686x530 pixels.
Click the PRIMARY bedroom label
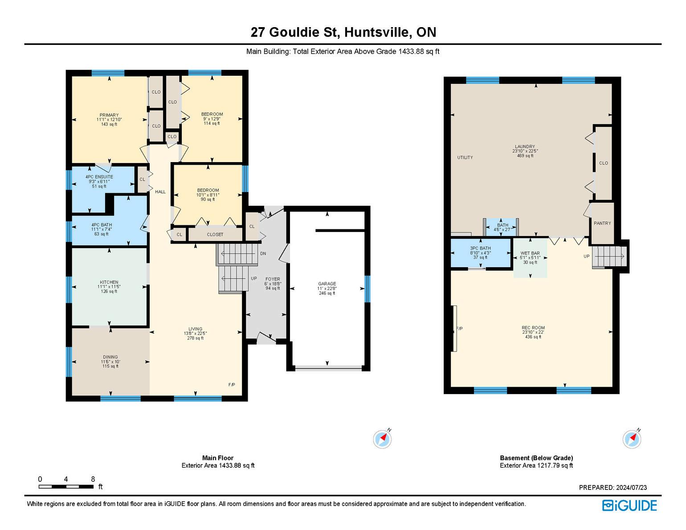(109, 115)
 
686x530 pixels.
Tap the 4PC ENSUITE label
(99, 177)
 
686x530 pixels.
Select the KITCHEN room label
(109, 282)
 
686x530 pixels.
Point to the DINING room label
(110, 357)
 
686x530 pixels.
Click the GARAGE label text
(327, 284)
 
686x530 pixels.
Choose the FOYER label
(273, 279)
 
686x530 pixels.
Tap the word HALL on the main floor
(160, 192)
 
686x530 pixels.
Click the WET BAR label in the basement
(530, 253)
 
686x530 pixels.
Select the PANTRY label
(602, 223)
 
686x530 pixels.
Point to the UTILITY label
(465, 158)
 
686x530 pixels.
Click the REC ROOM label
(533, 328)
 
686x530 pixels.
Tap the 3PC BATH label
(481, 249)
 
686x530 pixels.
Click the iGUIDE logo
(629, 506)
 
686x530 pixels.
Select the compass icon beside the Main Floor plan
(382, 439)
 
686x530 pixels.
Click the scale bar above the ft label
(66, 486)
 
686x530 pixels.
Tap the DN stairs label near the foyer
(263, 253)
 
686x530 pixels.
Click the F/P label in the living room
(231, 384)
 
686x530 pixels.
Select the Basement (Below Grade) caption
(536, 458)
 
